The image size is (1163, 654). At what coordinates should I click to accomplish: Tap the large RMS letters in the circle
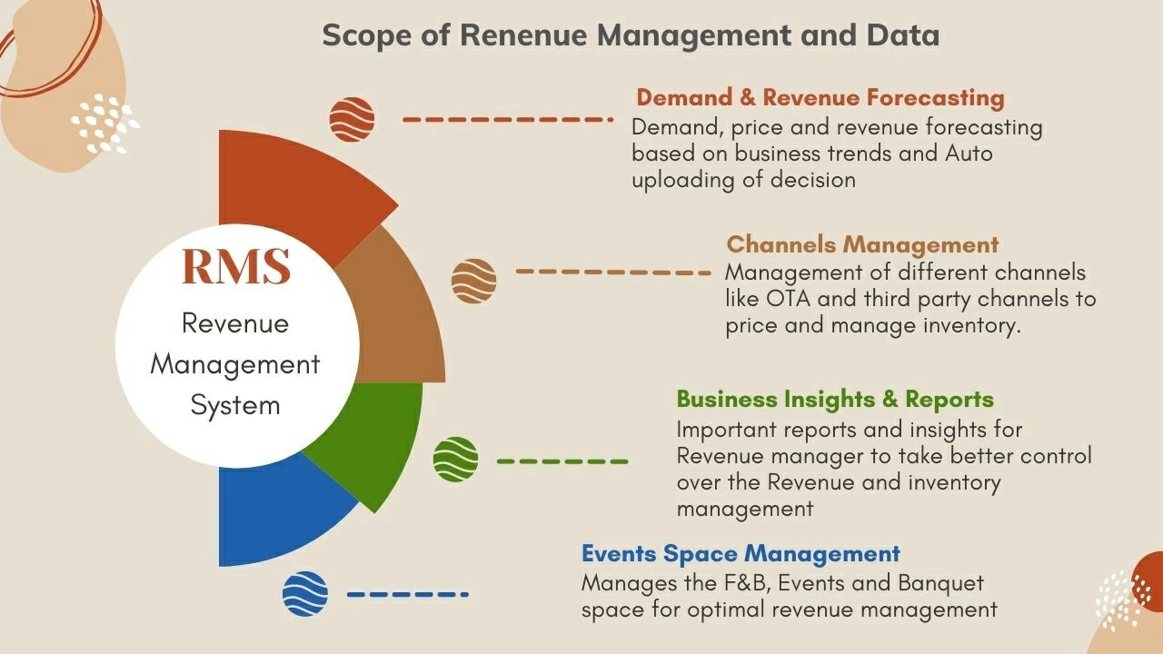pos(235,265)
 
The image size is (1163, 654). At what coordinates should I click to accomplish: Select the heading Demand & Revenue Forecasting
pos(820,98)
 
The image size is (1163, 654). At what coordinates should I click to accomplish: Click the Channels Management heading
pos(862,244)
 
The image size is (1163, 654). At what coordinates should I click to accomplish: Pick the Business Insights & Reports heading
pos(835,399)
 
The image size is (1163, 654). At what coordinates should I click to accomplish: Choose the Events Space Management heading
pos(741,553)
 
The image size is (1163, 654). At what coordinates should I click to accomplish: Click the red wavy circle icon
pos(352,119)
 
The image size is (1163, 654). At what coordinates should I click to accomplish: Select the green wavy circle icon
pos(455,460)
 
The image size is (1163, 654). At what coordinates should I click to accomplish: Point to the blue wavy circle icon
pos(305,594)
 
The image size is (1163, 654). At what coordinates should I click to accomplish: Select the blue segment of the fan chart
pos(273,518)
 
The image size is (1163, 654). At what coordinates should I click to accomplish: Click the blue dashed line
pos(407,595)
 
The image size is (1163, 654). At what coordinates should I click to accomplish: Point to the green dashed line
pos(562,461)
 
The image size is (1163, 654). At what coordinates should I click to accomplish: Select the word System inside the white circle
pos(235,405)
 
